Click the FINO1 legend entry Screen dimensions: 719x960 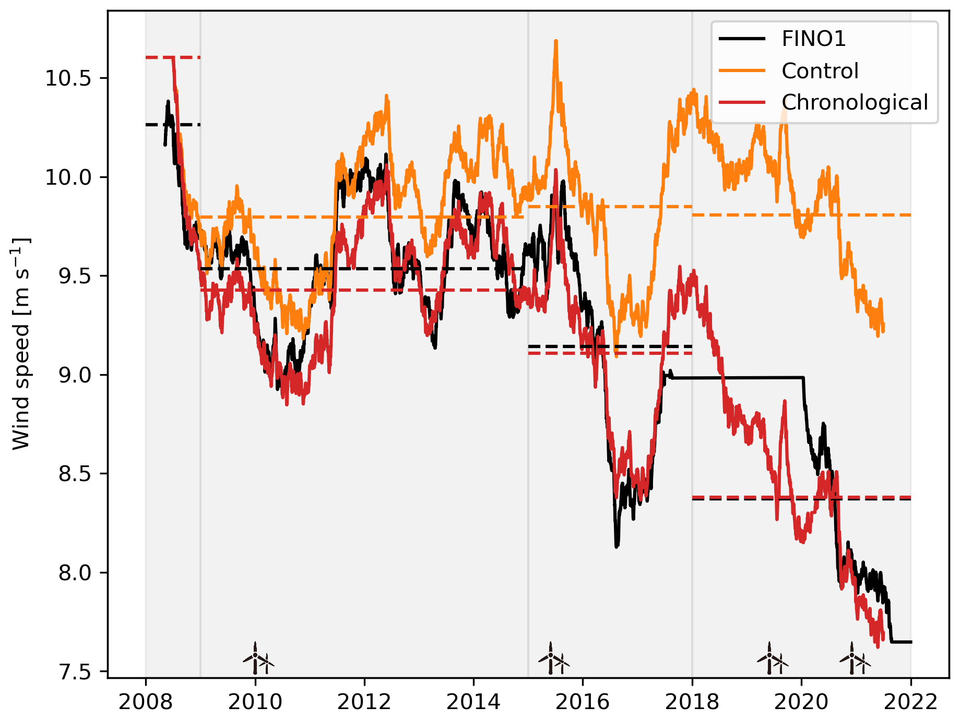pyautogui.click(x=813, y=39)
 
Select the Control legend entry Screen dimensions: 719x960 pyautogui.click(x=820, y=71)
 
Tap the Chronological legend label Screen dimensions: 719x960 pyautogui.click(x=855, y=103)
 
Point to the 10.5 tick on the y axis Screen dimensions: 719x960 pyautogui.click(x=68, y=78)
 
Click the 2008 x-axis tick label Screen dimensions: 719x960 pyautogui.click(x=146, y=702)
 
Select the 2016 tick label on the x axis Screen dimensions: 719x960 pyautogui.click(x=583, y=702)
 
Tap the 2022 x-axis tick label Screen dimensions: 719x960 pyautogui.click(x=911, y=702)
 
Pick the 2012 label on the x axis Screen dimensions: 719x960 pyautogui.click(x=364, y=702)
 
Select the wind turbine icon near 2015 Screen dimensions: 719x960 pyautogui.click(x=553, y=659)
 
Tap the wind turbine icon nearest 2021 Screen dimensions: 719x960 pyautogui.click(x=855, y=659)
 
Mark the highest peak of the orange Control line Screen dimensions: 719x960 pyautogui.click(x=555, y=41)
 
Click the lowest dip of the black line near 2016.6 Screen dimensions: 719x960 pyautogui.click(x=617, y=546)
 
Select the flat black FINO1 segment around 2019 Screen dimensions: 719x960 pyautogui.click(x=741, y=377)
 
